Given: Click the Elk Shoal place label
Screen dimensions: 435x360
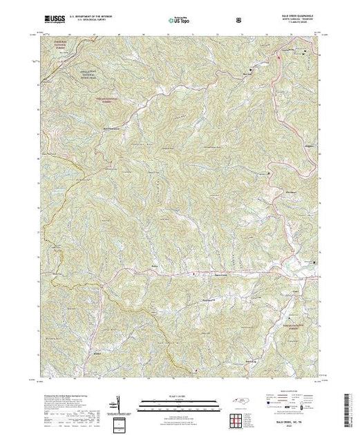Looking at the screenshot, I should click(272, 182).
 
